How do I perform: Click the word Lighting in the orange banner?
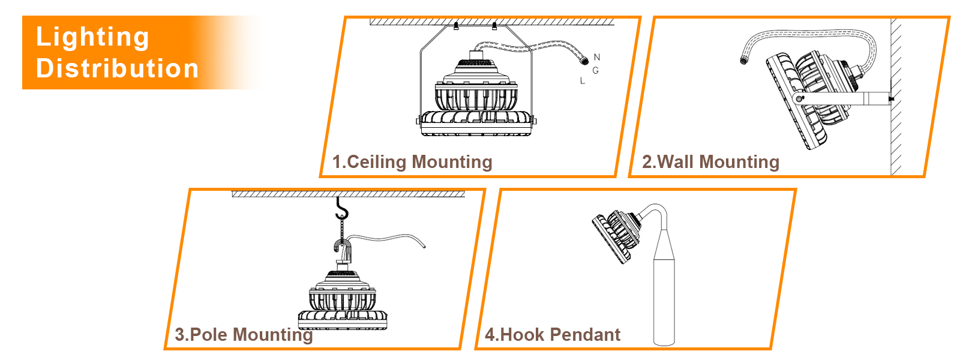(x=92, y=38)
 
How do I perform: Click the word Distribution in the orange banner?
(x=118, y=68)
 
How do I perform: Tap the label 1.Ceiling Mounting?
(x=412, y=162)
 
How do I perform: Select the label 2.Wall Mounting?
(x=710, y=162)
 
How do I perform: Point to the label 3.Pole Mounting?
(x=244, y=335)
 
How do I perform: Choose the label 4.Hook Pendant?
(x=553, y=335)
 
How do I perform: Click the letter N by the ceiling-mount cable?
(x=597, y=57)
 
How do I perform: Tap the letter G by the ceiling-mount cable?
(x=596, y=70)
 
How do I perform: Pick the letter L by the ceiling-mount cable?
(x=583, y=80)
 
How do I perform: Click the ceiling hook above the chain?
(x=341, y=209)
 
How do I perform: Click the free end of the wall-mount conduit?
(x=744, y=61)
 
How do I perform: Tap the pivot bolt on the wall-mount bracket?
(x=799, y=99)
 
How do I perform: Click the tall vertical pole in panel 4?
(x=664, y=287)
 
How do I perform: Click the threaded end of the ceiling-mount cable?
(x=584, y=61)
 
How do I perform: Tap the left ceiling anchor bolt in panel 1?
(x=456, y=26)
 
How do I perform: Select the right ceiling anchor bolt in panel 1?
(x=494, y=26)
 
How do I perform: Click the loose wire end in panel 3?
(x=424, y=246)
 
